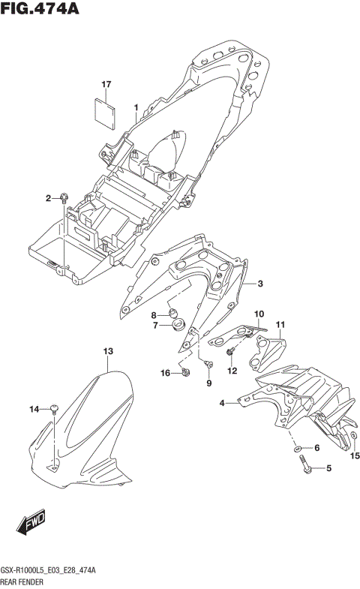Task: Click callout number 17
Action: (106, 85)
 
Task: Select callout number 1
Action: (136, 108)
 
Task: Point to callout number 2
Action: (48, 198)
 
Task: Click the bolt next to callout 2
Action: (66, 197)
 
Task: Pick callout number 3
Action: (259, 284)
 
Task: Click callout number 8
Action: (154, 314)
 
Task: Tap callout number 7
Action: (154, 326)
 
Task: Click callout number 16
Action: (165, 373)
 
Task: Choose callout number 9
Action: (209, 383)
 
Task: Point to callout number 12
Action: (232, 370)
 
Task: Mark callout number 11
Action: (280, 324)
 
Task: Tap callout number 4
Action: (222, 404)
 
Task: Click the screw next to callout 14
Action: (54, 409)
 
